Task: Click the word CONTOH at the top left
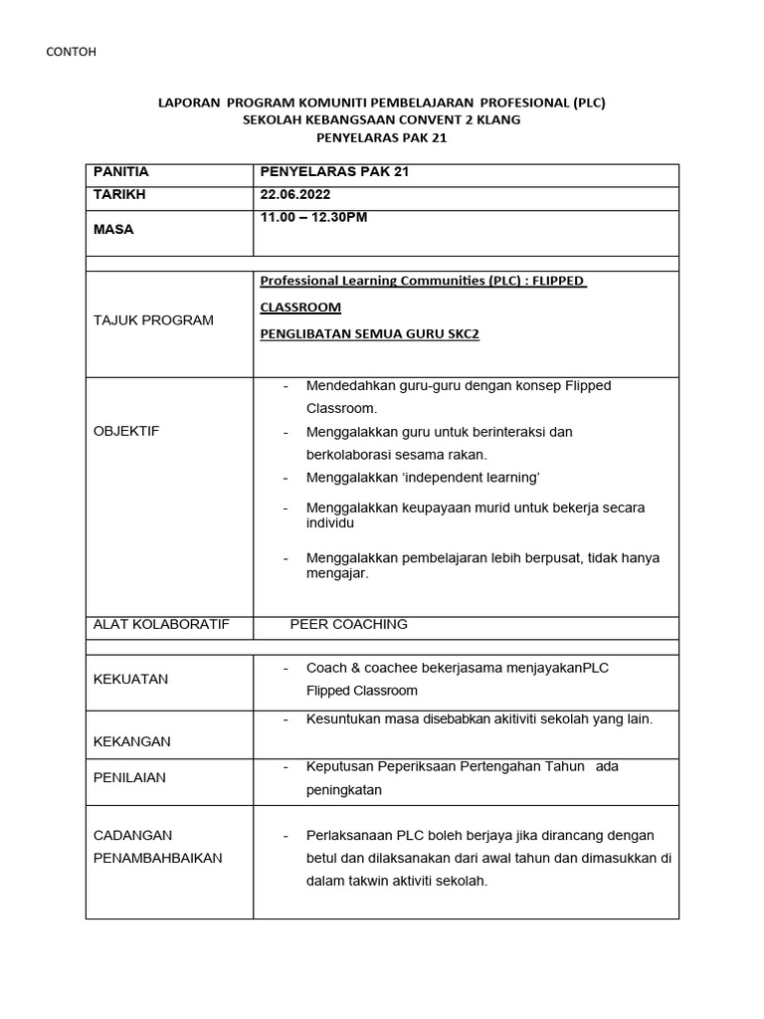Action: pyautogui.click(x=73, y=51)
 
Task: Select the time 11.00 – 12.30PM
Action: pyautogui.click(x=313, y=217)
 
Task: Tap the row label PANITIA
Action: pyautogui.click(x=120, y=172)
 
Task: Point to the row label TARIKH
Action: pyautogui.click(x=119, y=194)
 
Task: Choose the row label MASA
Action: pyautogui.click(x=113, y=229)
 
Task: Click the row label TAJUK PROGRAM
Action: pyautogui.click(x=153, y=320)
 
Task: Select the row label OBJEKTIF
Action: pyautogui.click(x=126, y=431)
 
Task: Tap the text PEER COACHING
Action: pyautogui.click(x=348, y=624)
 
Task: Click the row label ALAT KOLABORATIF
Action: pyautogui.click(x=161, y=624)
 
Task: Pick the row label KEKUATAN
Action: pyautogui.click(x=130, y=679)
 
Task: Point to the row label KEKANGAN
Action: pyautogui.click(x=131, y=741)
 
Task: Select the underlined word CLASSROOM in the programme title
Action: pyautogui.click(x=300, y=307)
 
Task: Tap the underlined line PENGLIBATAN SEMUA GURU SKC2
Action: pyautogui.click(x=369, y=334)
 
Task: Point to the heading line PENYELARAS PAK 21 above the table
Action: pyautogui.click(x=381, y=137)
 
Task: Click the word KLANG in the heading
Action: pyautogui.click(x=497, y=119)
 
